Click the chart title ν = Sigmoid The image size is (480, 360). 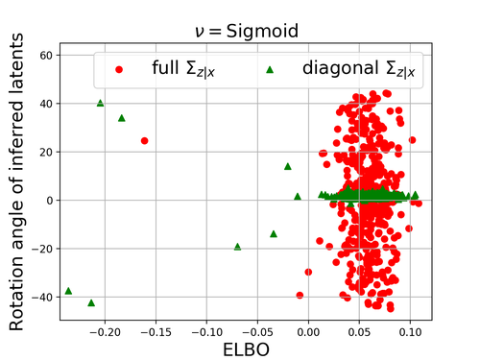pos(247,32)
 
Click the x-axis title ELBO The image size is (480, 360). pos(246,349)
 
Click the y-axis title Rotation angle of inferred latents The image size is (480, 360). pos(16,181)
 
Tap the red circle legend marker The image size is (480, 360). pos(119,69)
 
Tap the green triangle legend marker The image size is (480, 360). pos(270,69)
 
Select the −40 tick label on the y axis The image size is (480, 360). pos(42,298)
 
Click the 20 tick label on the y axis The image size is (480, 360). pos(46,153)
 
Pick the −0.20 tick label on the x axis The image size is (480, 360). pos(105,332)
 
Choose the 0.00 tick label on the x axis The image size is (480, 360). pos(308,332)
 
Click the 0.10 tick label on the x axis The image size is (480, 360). pos(410,332)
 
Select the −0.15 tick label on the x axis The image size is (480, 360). pos(156,332)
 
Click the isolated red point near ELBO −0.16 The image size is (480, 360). pos(144,141)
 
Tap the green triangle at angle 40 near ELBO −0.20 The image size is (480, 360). pos(100,103)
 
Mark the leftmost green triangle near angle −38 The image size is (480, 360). pos(68,291)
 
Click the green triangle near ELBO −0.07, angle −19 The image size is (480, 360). pos(237,247)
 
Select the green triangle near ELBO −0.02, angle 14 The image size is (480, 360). pos(288,166)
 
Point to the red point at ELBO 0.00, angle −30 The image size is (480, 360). pos(308,272)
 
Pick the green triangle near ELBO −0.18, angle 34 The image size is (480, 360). pos(121,118)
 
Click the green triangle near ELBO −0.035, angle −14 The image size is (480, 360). pos(274,234)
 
